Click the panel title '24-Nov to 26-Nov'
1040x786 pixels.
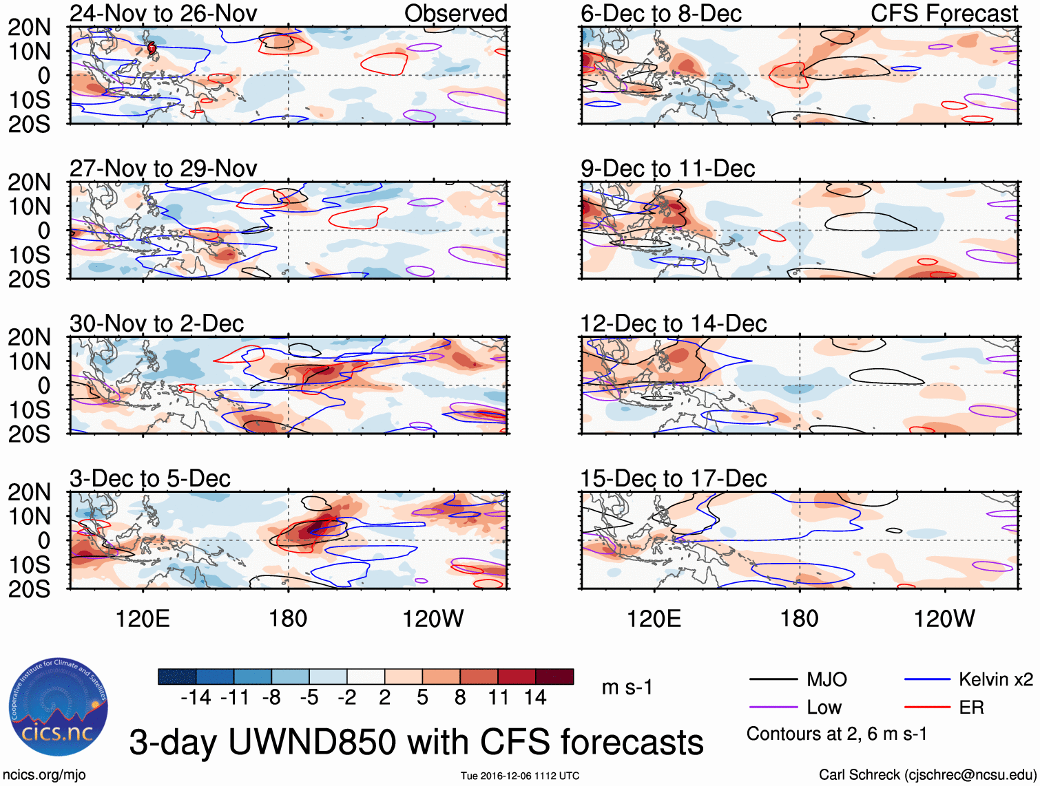tap(163, 13)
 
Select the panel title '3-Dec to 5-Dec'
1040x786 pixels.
tap(149, 478)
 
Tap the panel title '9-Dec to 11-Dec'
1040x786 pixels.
tap(667, 169)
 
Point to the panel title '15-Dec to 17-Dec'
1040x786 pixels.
tap(673, 478)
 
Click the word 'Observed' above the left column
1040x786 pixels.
tap(455, 13)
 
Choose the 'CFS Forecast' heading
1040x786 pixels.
tap(944, 13)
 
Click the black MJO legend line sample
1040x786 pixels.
tap(773, 680)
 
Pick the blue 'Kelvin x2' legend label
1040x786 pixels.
tap(995, 680)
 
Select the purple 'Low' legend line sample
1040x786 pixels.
tap(773, 708)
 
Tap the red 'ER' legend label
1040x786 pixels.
tap(971, 708)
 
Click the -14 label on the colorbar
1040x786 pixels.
tap(196, 698)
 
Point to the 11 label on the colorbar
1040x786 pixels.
tap(499, 698)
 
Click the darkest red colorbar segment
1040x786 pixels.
tap(554, 677)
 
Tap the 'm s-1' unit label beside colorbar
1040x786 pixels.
tap(627, 688)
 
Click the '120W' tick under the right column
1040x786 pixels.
tap(944, 619)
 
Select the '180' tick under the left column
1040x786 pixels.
tap(288, 619)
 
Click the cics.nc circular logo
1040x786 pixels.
tap(58, 707)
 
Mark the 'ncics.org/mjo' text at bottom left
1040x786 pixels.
tap(44, 775)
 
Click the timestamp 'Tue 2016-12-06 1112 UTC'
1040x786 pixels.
tap(520, 776)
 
